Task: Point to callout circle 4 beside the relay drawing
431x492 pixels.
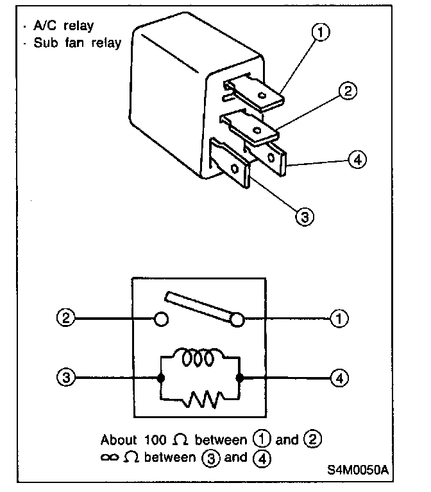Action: coord(357,158)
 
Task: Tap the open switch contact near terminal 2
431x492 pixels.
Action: coord(162,319)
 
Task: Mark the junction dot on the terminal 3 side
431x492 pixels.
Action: coord(159,378)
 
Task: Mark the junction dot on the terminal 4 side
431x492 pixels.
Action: coord(239,378)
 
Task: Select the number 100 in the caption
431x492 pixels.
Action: coord(153,440)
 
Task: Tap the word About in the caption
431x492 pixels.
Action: coord(119,440)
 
